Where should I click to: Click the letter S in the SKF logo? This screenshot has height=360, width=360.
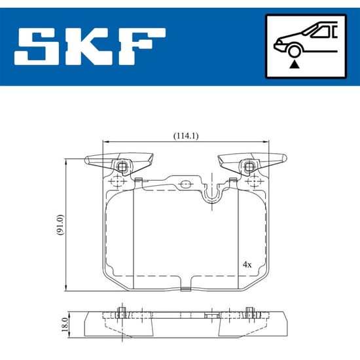point(37,46)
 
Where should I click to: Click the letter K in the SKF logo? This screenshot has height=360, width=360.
point(90,46)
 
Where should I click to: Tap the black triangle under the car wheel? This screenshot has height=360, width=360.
point(294,65)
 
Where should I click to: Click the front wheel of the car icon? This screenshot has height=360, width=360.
point(295,51)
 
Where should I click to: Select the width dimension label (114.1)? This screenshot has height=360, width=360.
point(186,136)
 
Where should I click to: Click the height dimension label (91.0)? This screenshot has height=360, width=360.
point(60,225)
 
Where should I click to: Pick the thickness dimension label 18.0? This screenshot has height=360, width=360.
point(65,325)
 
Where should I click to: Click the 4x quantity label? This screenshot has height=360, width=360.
point(247,264)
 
